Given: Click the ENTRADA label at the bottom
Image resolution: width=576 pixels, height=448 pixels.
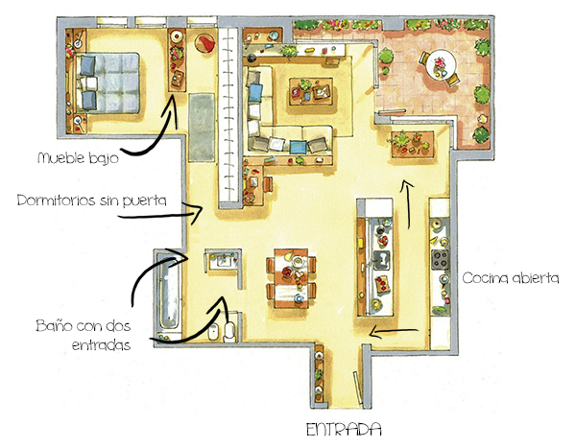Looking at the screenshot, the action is coord(344,429).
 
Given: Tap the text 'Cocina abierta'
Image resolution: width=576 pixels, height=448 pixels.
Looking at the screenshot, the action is coord(511,278).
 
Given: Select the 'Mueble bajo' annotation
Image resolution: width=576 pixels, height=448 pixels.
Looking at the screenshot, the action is coord(79,158).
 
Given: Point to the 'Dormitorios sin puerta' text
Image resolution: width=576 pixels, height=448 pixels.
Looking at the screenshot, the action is coord(92,200).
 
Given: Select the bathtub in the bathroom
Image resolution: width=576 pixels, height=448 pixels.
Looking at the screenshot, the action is coord(169,293).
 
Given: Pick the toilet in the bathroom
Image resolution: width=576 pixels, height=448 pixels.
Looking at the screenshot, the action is coord(230,328).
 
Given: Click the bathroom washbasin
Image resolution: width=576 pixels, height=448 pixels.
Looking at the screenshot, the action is coord(223,261).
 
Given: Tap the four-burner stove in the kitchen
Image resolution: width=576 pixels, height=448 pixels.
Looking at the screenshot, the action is coord(440,259).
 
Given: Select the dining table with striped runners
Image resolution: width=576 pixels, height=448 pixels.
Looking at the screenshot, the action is coord(291,278).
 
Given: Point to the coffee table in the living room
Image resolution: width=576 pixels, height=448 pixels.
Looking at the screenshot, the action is coord(311,91).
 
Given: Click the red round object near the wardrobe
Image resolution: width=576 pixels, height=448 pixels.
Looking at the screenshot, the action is coord(205,43).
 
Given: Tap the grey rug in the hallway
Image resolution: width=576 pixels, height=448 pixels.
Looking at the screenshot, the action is coord(202,127).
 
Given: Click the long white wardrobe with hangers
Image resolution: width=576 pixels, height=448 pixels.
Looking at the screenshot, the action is coord(228,114).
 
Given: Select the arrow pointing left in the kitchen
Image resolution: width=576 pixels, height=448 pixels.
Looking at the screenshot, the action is coord(394,332).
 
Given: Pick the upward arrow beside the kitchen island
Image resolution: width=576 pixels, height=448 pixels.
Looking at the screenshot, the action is coord(407,204).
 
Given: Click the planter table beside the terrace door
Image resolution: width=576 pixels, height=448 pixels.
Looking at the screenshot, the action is coord(413,144).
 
